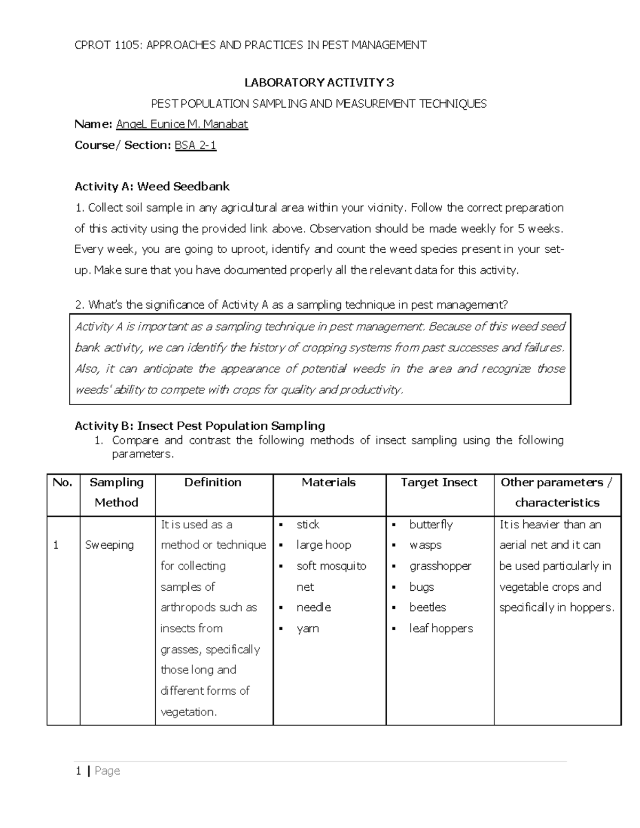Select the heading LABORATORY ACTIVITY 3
coord(319,83)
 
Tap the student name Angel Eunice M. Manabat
coord(182,124)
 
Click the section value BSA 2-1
coord(195,145)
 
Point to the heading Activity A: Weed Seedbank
coord(152,187)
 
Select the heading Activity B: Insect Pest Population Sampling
coord(199,425)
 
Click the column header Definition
coord(213,483)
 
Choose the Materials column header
coord(329,483)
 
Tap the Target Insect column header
coord(439,483)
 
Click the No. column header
coord(62,483)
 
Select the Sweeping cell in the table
coord(109,545)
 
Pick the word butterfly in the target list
coord(431,525)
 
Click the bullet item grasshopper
coord(440,566)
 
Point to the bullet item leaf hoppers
coord(441,629)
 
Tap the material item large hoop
coord(324,545)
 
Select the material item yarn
coord(308,629)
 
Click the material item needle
coord(314,607)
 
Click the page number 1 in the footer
coord(79,771)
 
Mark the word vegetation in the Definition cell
coord(188,712)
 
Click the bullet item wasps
coord(426,545)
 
